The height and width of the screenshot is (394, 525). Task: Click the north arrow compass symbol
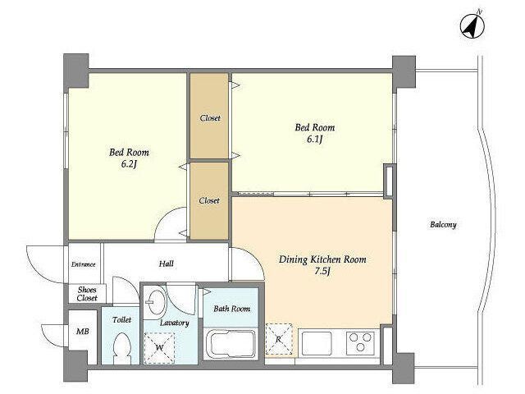(x=472, y=26)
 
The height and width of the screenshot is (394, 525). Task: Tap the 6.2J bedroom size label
(x=130, y=164)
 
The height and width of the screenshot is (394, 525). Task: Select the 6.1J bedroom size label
(x=314, y=139)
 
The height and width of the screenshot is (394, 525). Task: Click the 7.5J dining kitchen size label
(x=322, y=271)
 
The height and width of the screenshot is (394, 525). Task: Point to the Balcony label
(x=443, y=224)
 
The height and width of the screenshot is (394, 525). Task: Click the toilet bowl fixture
(x=122, y=348)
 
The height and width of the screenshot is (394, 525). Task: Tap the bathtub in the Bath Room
(x=230, y=345)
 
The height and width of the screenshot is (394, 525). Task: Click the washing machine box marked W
(x=159, y=348)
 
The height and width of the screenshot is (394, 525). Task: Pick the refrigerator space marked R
(x=279, y=339)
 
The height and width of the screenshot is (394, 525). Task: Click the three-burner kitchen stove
(x=360, y=343)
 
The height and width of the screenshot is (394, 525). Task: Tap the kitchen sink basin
(x=317, y=343)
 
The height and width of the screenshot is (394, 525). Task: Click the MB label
(x=83, y=332)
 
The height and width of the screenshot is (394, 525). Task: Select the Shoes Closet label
(x=87, y=294)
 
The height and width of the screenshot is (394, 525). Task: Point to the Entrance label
(x=84, y=264)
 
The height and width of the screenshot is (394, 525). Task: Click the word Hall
(x=166, y=263)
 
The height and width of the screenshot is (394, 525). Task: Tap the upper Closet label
(x=210, y=118)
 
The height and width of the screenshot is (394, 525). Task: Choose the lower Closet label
(x=209, y=200)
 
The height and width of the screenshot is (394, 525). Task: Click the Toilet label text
(x=122, y=319)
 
